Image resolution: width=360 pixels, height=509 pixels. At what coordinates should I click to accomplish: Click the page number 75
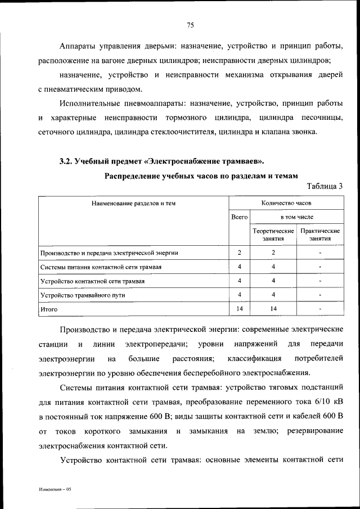[x=190, y=25]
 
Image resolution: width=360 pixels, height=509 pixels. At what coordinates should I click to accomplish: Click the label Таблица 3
[x=325, y=186]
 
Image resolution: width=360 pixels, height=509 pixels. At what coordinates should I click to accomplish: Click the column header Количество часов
[x=287, y=202]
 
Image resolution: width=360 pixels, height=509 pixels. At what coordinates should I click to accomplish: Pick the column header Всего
[x=240, y=217]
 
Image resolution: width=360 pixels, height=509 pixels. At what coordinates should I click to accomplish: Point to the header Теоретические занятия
[x=273, y=235]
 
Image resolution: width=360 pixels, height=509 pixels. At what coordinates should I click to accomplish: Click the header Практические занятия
[x=320, y=235]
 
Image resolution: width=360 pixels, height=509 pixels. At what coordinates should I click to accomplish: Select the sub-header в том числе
[x=297, y=217]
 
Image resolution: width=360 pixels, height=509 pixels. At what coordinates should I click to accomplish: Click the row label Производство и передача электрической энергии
[x=112, y=253]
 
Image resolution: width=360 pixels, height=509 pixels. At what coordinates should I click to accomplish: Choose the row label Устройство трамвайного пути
[x=82, y=295]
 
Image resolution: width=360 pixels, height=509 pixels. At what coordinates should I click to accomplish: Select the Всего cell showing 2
[x=240, y=253]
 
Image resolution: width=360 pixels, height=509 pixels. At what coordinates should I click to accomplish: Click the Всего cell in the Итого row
[x=240, y=309]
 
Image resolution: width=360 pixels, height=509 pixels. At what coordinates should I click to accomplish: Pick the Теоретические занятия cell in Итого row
[x=273, y=309]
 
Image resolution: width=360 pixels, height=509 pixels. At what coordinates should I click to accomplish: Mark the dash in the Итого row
[x=320, y=309]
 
